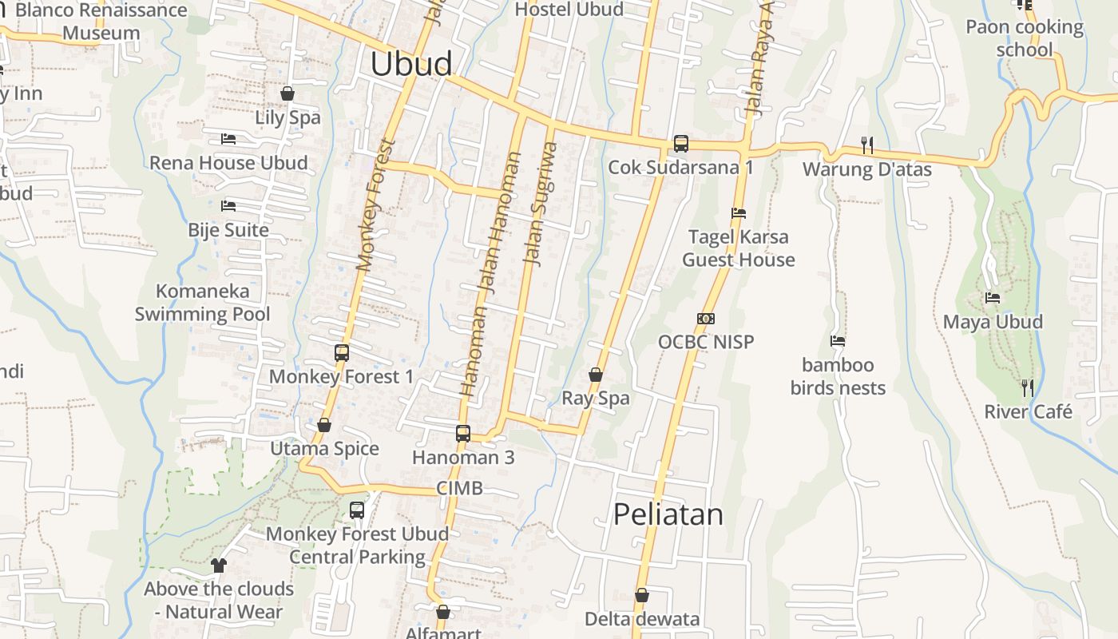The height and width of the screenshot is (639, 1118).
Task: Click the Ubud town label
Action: coord(411,64)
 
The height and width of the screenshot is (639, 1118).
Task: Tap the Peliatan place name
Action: coord(668,514)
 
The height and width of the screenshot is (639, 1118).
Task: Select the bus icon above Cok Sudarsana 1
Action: coord(680,144)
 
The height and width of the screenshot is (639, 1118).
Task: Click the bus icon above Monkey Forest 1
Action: coord(342,352)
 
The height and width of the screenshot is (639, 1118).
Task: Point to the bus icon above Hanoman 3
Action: coord(463,434)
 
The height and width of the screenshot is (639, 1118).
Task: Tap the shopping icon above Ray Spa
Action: coord(596,374)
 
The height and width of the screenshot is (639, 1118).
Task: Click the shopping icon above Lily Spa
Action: coord(287,93)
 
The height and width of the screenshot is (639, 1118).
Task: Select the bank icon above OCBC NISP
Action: coord(705,318)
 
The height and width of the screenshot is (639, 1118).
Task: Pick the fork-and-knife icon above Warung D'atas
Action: coord(867,145)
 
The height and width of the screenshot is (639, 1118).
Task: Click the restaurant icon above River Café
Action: coord(1028,388)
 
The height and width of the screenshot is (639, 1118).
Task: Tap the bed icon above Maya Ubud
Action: coord(993,298)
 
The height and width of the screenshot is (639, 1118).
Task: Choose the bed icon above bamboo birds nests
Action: coord(838,341)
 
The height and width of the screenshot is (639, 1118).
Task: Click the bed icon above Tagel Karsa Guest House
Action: coord(739,213)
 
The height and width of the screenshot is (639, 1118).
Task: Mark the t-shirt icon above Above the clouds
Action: coord(219,566)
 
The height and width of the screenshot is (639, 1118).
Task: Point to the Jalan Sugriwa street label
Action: coord(540,203)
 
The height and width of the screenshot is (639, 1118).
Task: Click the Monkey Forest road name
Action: coord(375,205)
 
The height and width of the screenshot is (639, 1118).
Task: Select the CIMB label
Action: coord(459,488)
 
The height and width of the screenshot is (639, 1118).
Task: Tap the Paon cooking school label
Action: coord(1025,38)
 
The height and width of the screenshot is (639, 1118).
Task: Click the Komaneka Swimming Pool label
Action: coord(202,303)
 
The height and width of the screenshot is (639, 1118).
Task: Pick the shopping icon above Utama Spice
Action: coord(324,425)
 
